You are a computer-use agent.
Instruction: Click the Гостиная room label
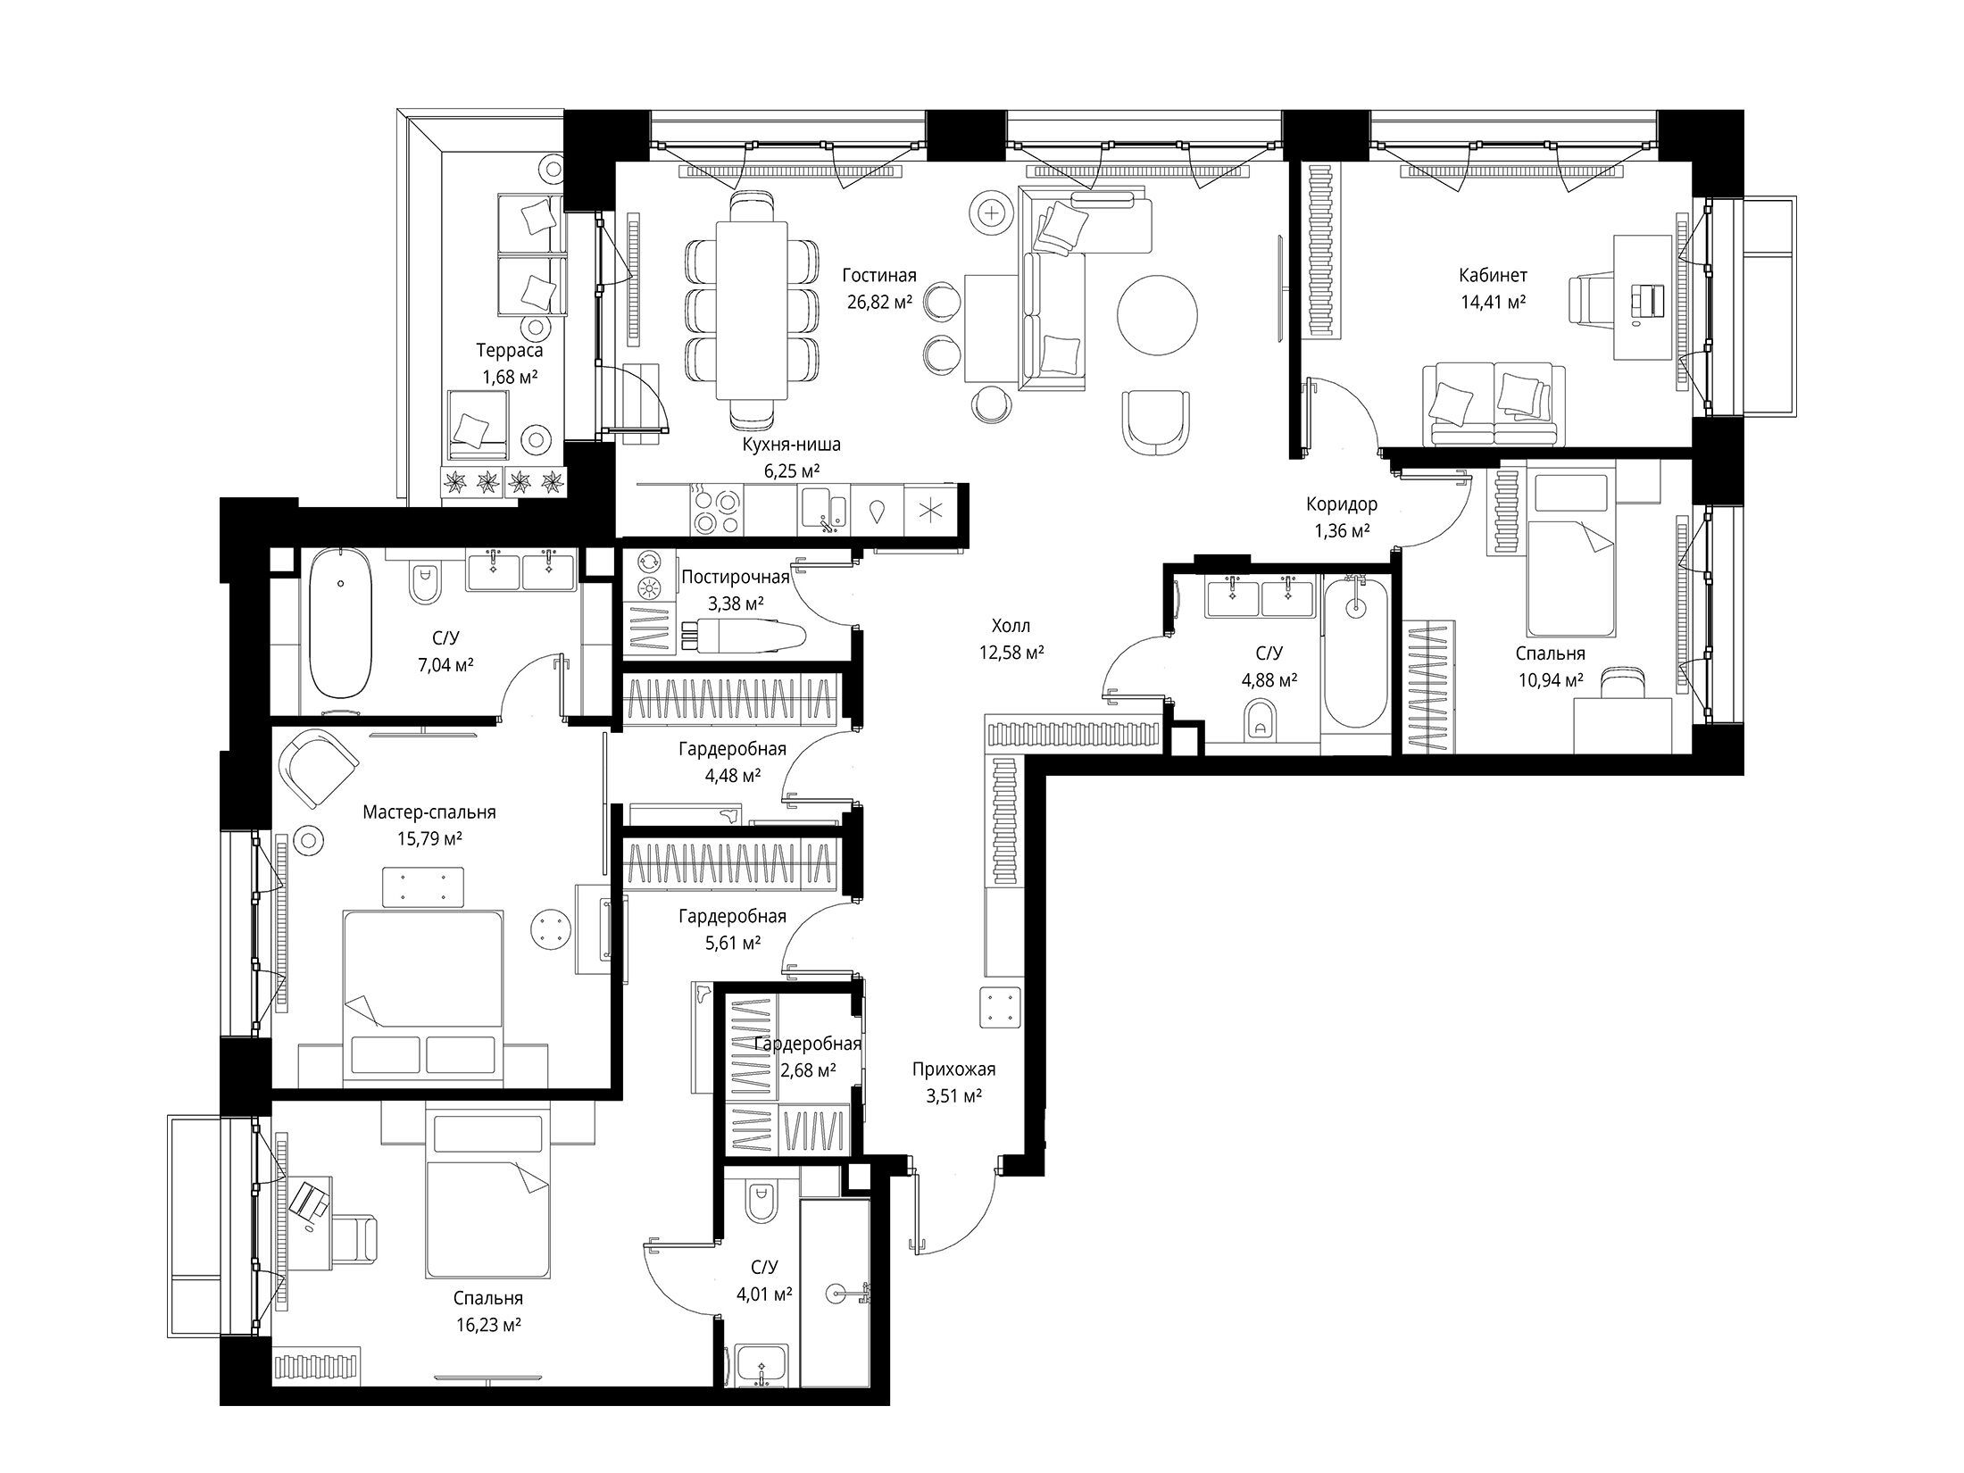(x=879, y=276)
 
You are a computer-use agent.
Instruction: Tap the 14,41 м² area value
(x=1493, y=302)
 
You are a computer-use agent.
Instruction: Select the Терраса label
(x=509, y=351)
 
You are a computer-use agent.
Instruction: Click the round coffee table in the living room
(x=1158, y=312)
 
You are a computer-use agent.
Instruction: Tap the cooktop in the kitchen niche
(x=717, y=511)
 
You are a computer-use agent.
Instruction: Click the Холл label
(x=1011, y=626)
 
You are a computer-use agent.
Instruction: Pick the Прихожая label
(x=953, y=1069)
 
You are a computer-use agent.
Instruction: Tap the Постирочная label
(x=736, y=577)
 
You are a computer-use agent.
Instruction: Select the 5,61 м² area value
(x=732, y=943)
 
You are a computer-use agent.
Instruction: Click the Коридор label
(x=1342, y=504)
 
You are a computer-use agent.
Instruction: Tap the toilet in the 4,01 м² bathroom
(x=761, y=1202)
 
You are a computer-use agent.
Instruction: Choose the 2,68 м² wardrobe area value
(x=807, y=1069)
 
